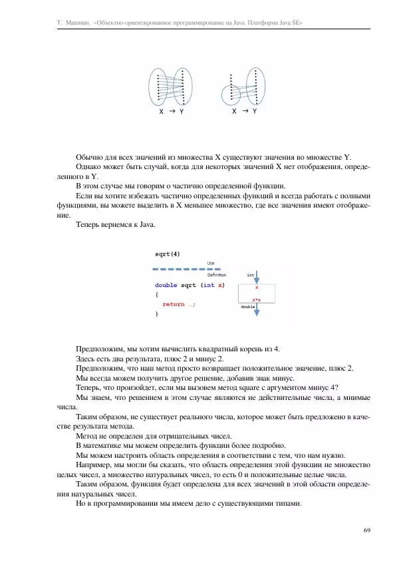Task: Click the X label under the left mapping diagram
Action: pos(161,112)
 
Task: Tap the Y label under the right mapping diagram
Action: pos(255,112)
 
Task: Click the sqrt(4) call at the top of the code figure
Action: pos(167,254)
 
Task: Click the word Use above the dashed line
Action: pos(211,263)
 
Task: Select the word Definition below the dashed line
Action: pos(217,274)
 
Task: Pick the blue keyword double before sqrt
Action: pos(166,285)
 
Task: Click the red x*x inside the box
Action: pos(256,300)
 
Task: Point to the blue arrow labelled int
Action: pos(256,278)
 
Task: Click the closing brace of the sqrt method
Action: pos(157,313)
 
